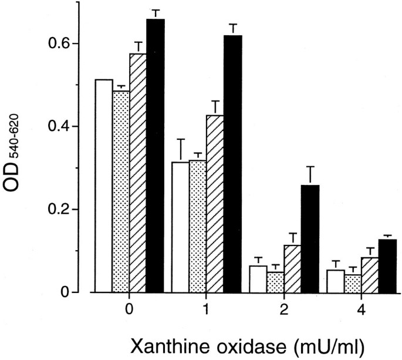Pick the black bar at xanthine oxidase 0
tap(156, 156)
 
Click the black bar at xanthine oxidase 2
tap(310, 238)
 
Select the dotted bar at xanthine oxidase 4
tap(353, 283)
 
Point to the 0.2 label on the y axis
tap(58, 210)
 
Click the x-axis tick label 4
tap(361, 309)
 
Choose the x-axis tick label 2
tap(284, 309)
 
